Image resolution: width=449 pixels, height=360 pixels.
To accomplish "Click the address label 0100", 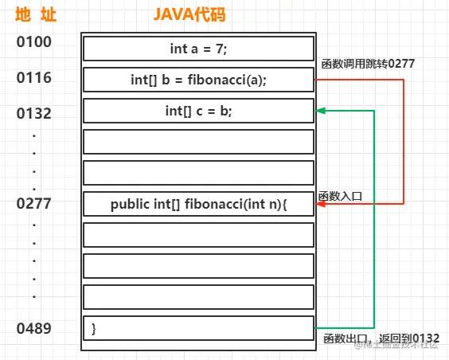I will coord(33,41).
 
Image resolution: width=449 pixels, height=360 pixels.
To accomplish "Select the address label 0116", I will coord(33,78).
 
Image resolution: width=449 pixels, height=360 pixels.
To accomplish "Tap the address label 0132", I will coord(33,113).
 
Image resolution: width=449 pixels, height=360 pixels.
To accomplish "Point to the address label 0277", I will coord(33,204).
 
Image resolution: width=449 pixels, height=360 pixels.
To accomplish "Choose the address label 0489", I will coord(33,328).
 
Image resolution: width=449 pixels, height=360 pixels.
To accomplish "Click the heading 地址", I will coord(33,15).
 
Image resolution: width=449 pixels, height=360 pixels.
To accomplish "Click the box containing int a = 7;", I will coord(198,49).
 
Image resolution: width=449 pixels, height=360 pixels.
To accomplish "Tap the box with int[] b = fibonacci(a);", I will coord(198,80).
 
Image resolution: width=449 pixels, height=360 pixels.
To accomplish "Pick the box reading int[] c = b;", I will coord(198,111).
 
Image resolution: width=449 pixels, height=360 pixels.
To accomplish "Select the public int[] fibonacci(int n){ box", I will coord(198,204).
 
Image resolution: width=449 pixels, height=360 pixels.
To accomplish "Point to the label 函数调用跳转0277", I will coord(368,63).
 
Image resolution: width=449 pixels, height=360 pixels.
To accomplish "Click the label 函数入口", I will coord(340,196).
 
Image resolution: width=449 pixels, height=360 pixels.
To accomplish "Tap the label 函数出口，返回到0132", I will coord(381,338).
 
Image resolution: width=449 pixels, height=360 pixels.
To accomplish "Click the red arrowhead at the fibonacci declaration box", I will coord(320,204).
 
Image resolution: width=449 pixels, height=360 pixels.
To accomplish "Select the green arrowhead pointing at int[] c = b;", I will coord(320,111).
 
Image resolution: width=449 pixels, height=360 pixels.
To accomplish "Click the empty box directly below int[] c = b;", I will coord(198,142).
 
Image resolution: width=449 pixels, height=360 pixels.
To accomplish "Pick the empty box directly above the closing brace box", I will coord(198,297).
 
